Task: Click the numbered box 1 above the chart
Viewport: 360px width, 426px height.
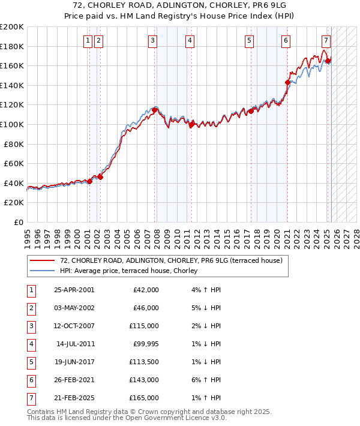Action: click(x=88, y=41)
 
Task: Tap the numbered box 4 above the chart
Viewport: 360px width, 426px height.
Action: click(x=189, y=41)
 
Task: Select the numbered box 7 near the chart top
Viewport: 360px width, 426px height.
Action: click(x=325, y=41)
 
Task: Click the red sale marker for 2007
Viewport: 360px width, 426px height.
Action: click(x=155, y=109)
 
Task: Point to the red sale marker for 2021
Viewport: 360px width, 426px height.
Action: click(x=287, y=82)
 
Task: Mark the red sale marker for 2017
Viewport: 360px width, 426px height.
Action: click(x=251, y=111)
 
